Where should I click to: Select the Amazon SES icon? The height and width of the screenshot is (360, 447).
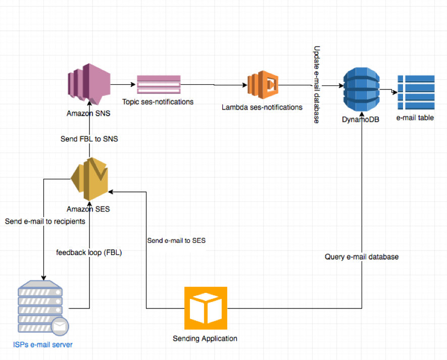pyautogui.click(x=89, y=179)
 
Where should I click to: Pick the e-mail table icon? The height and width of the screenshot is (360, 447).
pyautogui.click(x=416, y=92)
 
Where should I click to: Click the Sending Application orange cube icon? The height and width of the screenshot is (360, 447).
pyautogui.click(x=206, y=308)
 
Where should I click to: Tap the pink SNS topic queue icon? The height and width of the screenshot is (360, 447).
pyautogui.click(x=158, y=85)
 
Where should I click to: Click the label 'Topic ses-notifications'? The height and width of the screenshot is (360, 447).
pyautogui.click(x=158, y=102)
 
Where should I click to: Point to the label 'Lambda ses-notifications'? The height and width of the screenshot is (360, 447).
pyautogui.click(x=262, y=107)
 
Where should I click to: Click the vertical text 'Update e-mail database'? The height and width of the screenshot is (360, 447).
pyautogui.click(x=317, y=84)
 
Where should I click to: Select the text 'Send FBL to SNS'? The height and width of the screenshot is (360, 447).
pyautogui.click(x=89, y=138)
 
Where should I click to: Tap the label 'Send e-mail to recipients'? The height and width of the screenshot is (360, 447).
pyautogui.click(x=45, y=221)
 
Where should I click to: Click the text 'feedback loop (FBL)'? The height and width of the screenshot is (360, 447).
pyautogui.click(x=89, y=252)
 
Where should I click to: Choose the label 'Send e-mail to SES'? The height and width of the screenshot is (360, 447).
pyautogui.click(x=176, y=241)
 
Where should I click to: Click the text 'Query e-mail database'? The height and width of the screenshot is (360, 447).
pyautogui.click(x=362, y=257)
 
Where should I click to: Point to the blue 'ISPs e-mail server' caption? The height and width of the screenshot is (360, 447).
pyautogui.click(x=43, y=345)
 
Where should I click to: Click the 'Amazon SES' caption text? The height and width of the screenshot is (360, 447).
pyautogui.click(x=88, y=209)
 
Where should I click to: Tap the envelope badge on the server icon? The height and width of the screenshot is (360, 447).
pyautogui.click(x=60, y=327)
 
